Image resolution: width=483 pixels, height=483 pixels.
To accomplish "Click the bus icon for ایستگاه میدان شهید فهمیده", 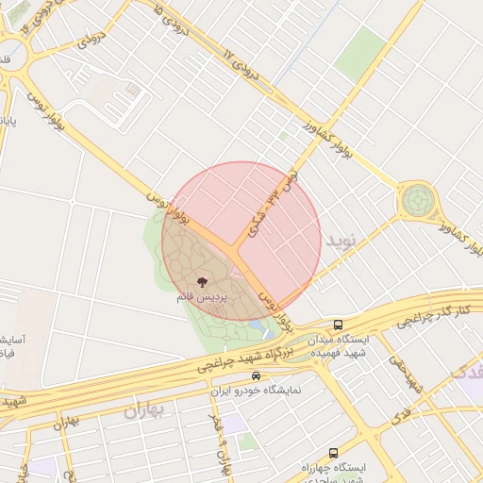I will click(339, 325).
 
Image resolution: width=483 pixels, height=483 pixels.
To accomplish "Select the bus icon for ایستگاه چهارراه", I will click(333, 453).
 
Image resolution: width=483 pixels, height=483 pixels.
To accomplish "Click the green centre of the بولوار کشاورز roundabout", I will click(417, 200).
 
